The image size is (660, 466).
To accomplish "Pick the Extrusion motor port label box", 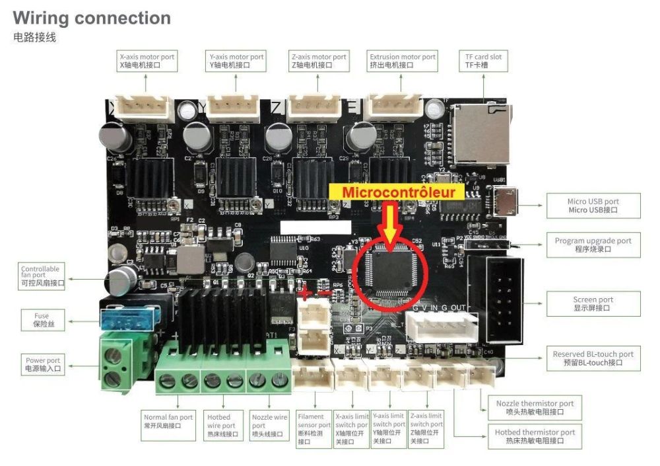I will (x=403, y=61).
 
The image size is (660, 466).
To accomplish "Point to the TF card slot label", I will (x=483, y=61).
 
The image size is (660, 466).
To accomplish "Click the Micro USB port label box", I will (x=593, y=206).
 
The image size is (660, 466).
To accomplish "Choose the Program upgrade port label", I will (x=593, y=245).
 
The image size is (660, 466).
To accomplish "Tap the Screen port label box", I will (x=593, y=303).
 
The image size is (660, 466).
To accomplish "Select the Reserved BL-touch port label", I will (x=593, y=358).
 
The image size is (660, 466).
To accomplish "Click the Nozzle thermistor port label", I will (x=535, y=407).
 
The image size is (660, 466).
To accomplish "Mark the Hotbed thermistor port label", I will (x=535, y=436).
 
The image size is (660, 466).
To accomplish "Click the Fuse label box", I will (x=42, y=320).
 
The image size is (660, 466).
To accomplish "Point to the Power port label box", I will (x=43, y=364).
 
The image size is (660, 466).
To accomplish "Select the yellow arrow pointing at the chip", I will (x=390, y=227).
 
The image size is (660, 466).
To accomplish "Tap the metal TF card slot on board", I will (x=481, y=134).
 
